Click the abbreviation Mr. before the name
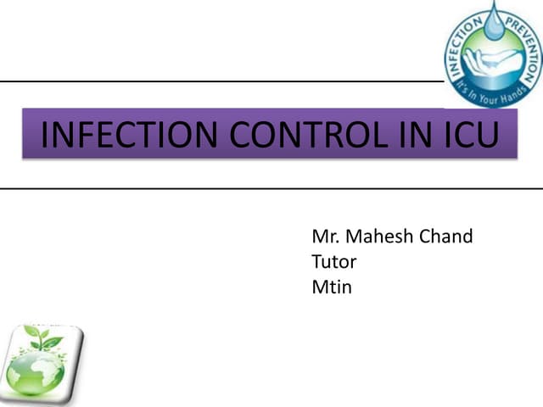(x=325, y=236)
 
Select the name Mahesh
(x=379, y=236)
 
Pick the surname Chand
(x=447, y=236)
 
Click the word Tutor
(x=334, y=261)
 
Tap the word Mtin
(x=332, y=287)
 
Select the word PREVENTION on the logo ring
(x=523, y=34)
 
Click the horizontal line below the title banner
(x=271, y=188)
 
